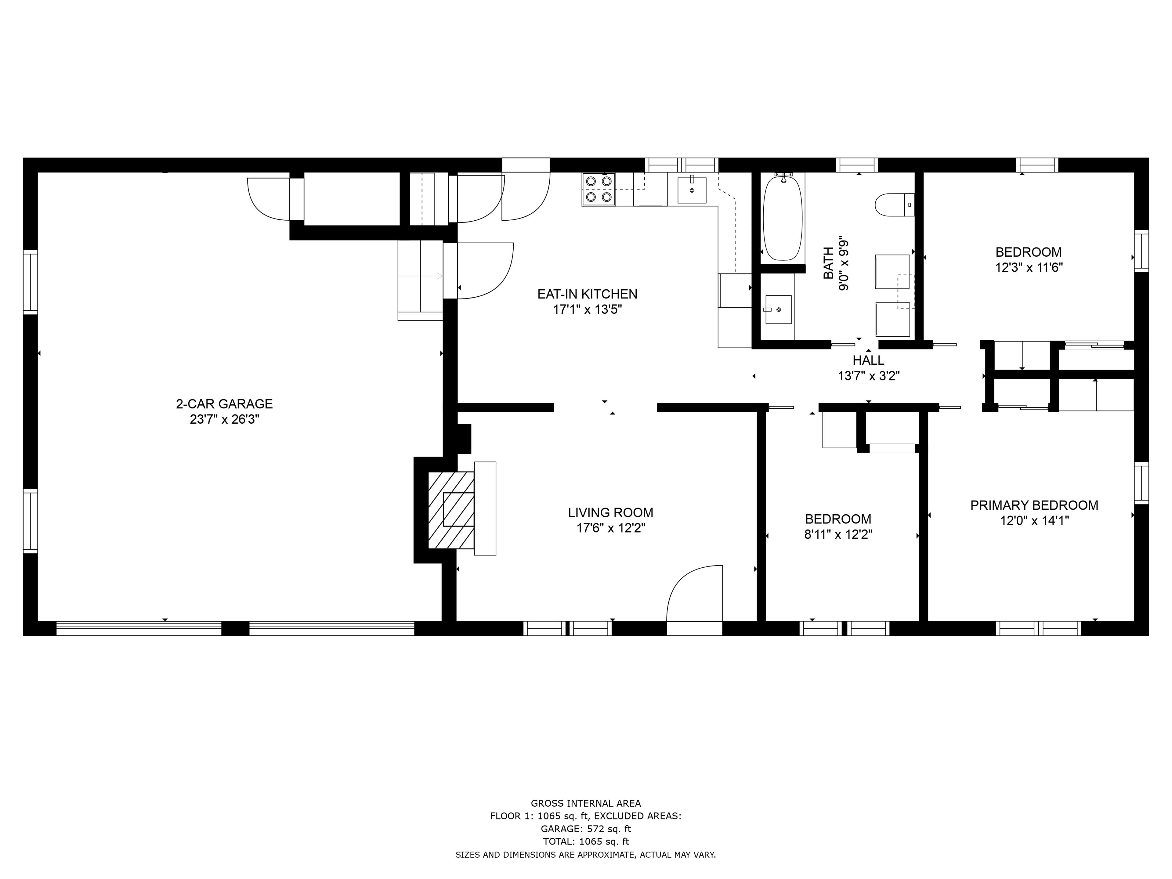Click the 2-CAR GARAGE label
[x=224, y=404]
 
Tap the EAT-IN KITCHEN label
[x=587, y=294]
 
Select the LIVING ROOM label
[x=610, y=512]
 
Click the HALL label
[x=868, y=360]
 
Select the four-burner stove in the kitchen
[x=599, y=189]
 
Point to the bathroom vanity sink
[x=778, y=309]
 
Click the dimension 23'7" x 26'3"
[x=224, y=420]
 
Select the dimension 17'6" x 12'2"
[x=610, y=528]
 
